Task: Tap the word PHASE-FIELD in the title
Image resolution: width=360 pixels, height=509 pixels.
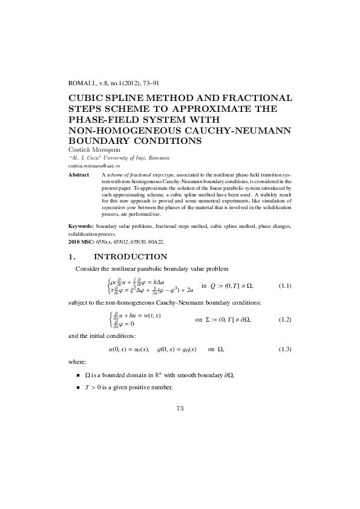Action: point(105,120)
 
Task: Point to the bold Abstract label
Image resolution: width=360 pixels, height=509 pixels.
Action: point(79,175)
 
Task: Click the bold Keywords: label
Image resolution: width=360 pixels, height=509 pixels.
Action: point(84,226)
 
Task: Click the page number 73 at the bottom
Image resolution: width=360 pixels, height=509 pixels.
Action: point(180,408)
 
